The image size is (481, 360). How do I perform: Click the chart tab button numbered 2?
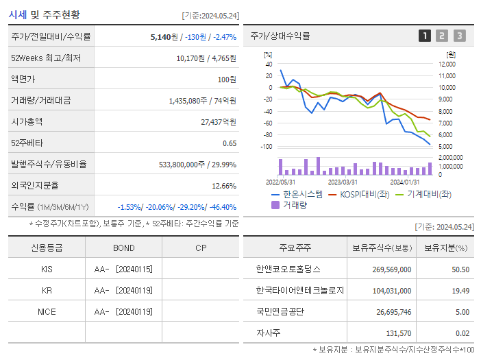point(442,36)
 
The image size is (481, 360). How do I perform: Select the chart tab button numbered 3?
point(459,36)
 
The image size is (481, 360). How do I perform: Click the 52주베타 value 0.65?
point(229,143)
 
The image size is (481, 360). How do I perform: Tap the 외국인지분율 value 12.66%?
point(224,185)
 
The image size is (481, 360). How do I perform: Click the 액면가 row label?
point(21,79)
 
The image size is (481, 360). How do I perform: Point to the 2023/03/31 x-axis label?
point(343,182)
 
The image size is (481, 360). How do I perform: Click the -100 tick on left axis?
point(267,147)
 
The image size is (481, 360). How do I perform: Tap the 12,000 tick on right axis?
point(446,64)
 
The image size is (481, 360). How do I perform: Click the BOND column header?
point(124,248)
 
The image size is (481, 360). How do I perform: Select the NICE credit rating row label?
point(47,312)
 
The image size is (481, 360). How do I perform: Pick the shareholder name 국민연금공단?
point(280,311)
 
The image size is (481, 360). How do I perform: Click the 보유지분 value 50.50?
point(460,269)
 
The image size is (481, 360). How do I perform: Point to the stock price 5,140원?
point(164,36)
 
